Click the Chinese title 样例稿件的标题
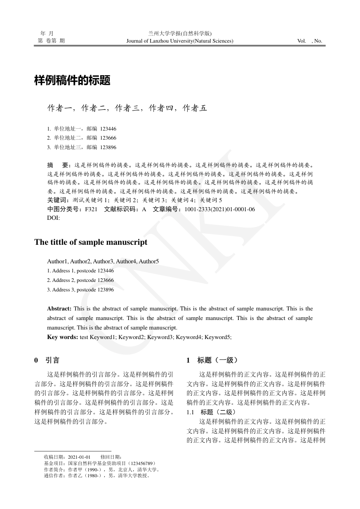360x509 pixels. tap(73, 82)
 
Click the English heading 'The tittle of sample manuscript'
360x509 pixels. tap(91, 242)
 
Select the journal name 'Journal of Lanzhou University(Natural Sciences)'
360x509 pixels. tap(180, 41)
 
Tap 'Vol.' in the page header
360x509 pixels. tap(302, 41)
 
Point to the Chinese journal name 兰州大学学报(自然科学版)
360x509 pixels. tap(180, 34)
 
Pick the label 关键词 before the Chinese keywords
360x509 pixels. tap(56, 200)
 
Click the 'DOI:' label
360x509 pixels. tap(54, 218)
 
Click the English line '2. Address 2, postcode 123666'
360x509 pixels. tap(80, 280)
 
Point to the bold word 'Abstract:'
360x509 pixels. tap(59, 309)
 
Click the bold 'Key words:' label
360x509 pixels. tap(63, 337)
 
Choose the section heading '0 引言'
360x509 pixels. tap(47, 360)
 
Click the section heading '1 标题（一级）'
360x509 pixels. tap(212, 360)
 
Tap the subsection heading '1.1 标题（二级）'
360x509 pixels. tap(211, 412)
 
